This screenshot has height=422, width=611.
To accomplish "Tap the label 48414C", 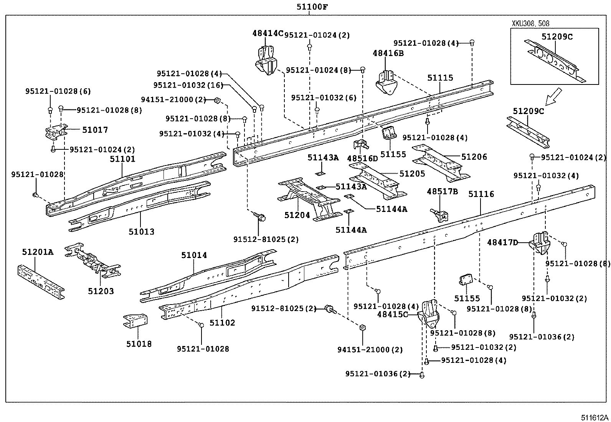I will (268, 33).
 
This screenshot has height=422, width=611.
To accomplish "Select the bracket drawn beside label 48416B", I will (386, 82).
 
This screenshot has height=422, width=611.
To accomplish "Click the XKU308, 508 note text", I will (530, 23).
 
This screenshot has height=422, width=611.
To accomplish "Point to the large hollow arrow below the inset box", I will (554, 96).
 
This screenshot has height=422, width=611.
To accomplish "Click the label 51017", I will (95, 130).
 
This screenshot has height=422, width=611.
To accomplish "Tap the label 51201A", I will (37, 252).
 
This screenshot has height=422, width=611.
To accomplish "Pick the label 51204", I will (297, 215).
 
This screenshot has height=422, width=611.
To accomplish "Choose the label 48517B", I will (442, 191).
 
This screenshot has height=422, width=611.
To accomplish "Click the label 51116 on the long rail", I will (481, 194).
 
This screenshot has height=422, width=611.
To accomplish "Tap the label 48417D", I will (502, 242).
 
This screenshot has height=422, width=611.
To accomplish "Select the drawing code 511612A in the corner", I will (594, 417).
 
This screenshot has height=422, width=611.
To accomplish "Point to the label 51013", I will (141, 232).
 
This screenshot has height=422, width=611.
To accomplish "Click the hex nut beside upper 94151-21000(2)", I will (216, 100).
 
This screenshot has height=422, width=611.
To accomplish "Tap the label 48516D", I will (362, 158).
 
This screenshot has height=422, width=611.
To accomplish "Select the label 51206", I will (474, 157).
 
